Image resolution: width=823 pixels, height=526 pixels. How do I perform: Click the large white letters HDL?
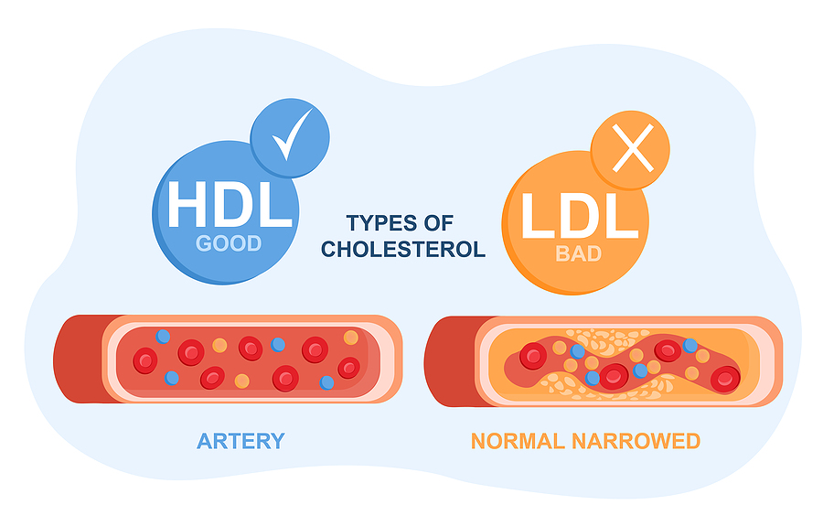pos(229,207)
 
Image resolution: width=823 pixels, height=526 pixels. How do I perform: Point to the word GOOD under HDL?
pos(229,244)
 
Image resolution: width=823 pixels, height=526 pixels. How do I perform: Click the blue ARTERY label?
pos(240,441)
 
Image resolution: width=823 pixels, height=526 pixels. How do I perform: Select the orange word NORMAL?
pos(518,441)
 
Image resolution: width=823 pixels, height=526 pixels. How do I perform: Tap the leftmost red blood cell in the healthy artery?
pos(145,360)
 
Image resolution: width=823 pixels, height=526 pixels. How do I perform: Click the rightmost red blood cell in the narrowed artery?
pos(725,377)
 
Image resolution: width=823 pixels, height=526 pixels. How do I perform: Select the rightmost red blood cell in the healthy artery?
pos(348,368)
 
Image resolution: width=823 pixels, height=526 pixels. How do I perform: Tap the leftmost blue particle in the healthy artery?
pos(163,336)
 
